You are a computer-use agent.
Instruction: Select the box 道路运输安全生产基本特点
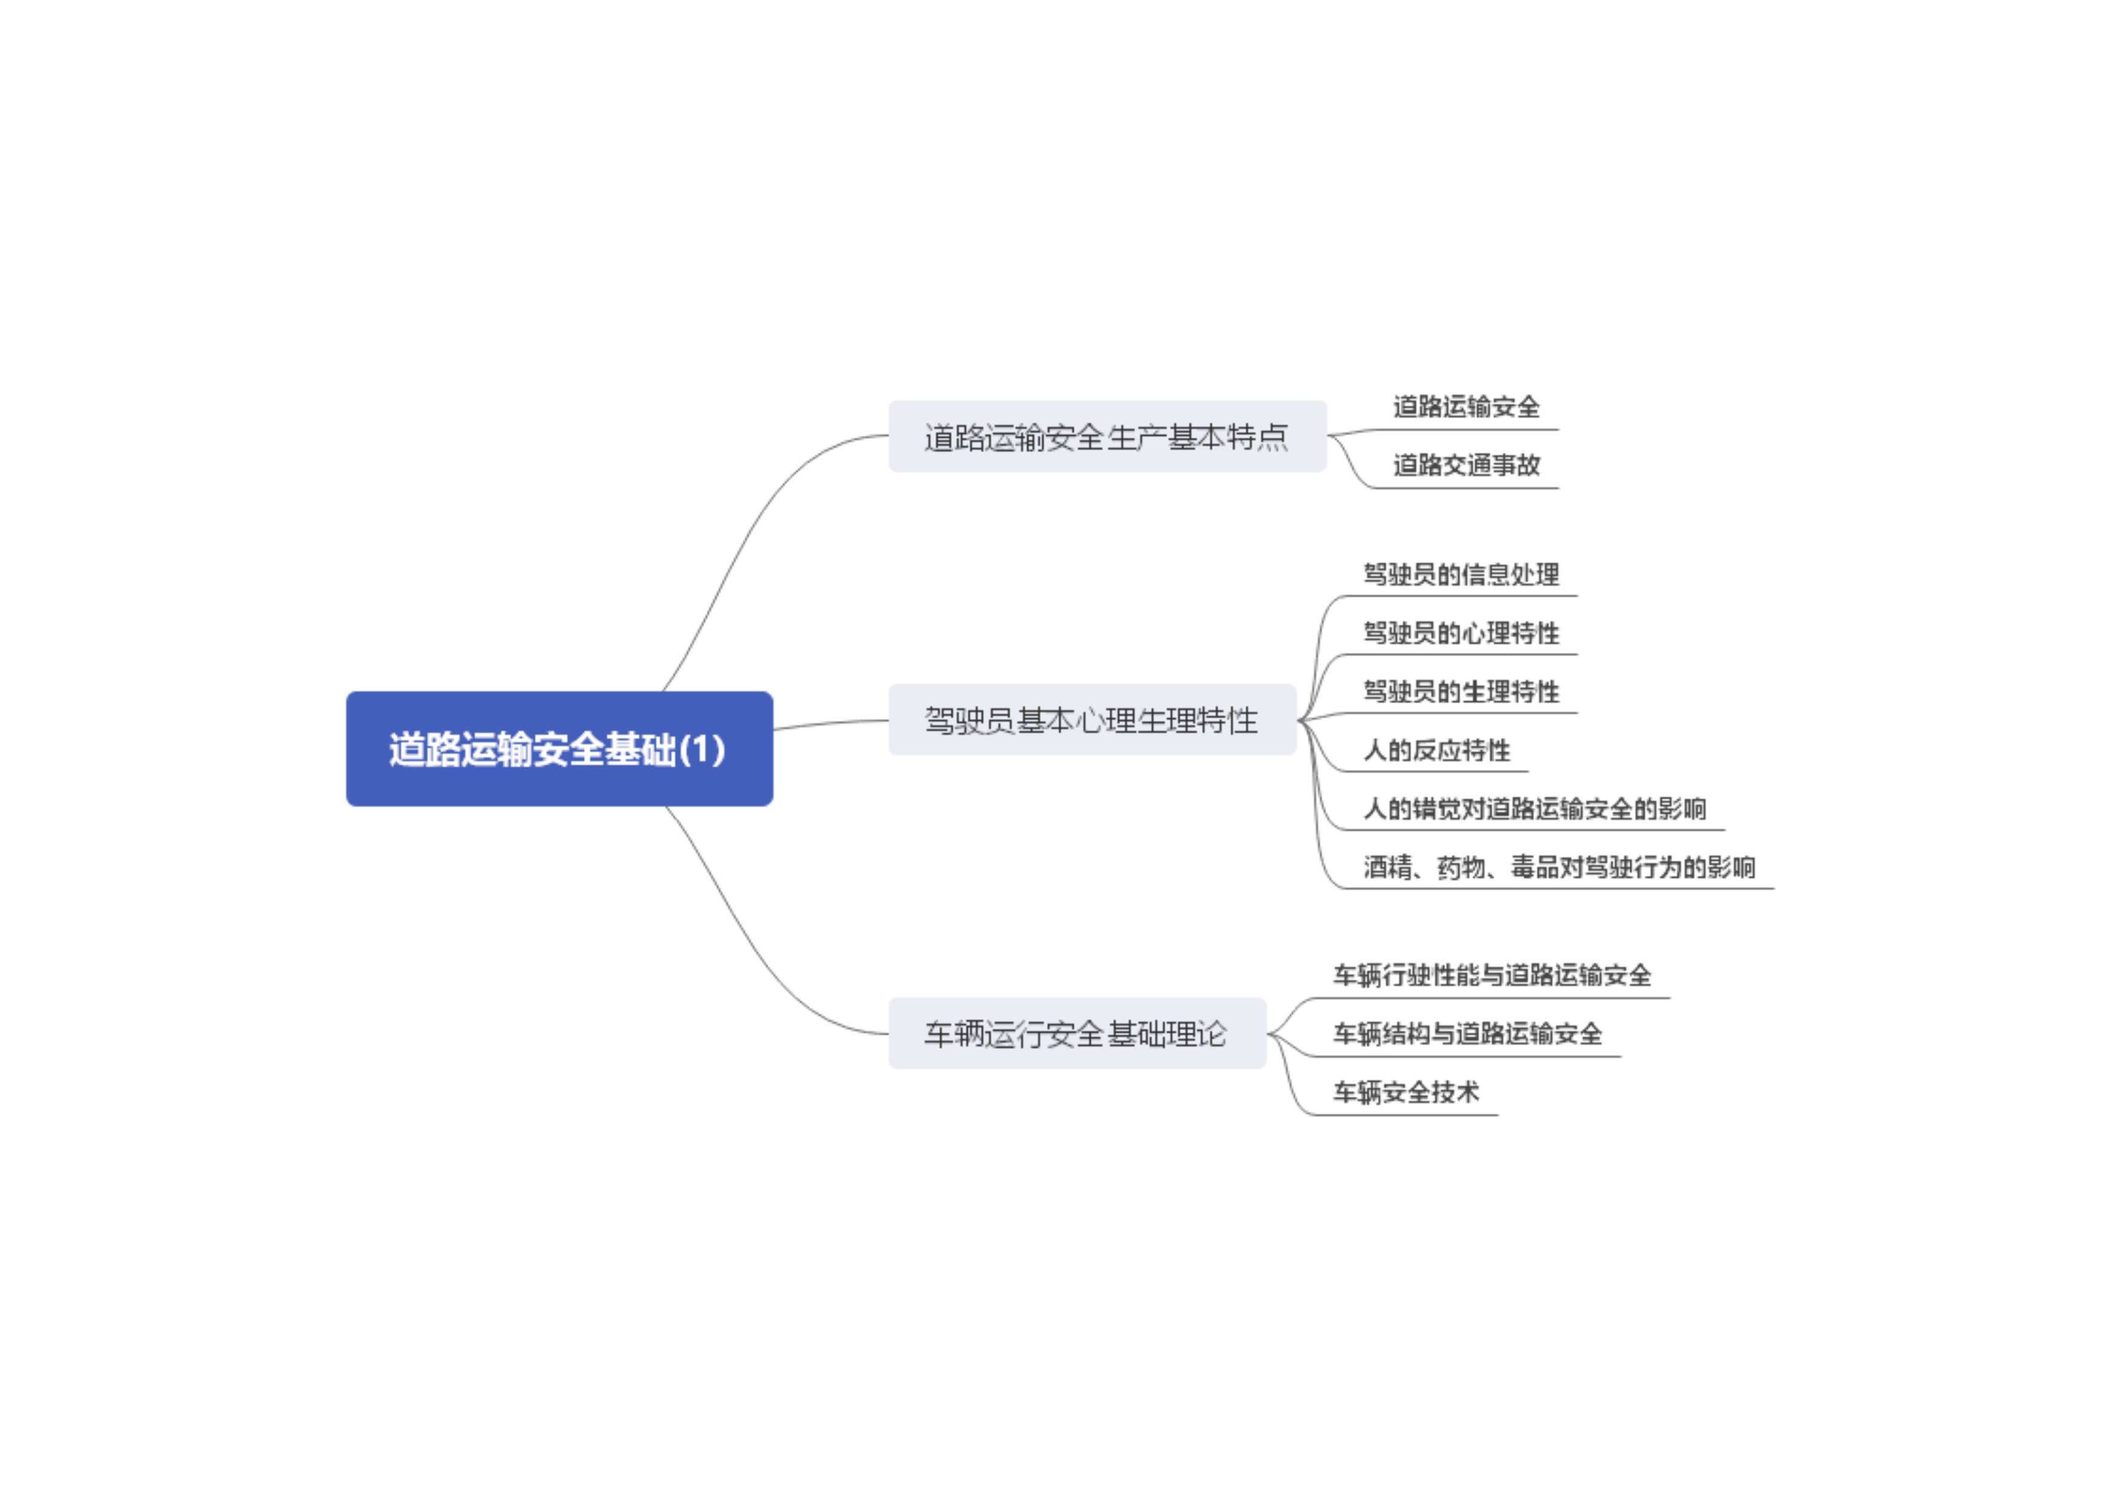[x=1106, y=436]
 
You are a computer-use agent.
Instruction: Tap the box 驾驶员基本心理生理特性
[x=1092, y=720]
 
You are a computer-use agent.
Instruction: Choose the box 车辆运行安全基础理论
[x=1076, y=1033]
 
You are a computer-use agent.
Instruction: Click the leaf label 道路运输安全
[x=1466, y=407]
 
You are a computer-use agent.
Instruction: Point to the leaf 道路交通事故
[x=1466, y=465]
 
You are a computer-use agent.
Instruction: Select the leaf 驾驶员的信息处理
[x=1461, y=574]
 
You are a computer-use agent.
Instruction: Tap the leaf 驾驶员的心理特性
[x=1461, y=634]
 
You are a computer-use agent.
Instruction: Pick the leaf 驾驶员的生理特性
[x=1461, y=692]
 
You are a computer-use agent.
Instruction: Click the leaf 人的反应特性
[x=1436, y=750]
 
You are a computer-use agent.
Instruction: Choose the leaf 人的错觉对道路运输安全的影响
[x=1534, y=809]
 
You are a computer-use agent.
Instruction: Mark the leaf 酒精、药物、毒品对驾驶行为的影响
[x=1558, y=867]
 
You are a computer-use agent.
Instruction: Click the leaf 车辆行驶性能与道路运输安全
[x=1491, y=975]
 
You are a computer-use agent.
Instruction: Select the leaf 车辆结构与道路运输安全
[x=1466, y=1033]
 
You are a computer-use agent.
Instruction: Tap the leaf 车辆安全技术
[x=1405, y=1092]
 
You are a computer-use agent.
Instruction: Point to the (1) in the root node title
[x=702, y=749]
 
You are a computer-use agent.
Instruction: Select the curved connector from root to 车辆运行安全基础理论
[x=740, y=934]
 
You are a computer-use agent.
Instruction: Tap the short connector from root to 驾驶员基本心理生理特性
[x=830, y=723]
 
